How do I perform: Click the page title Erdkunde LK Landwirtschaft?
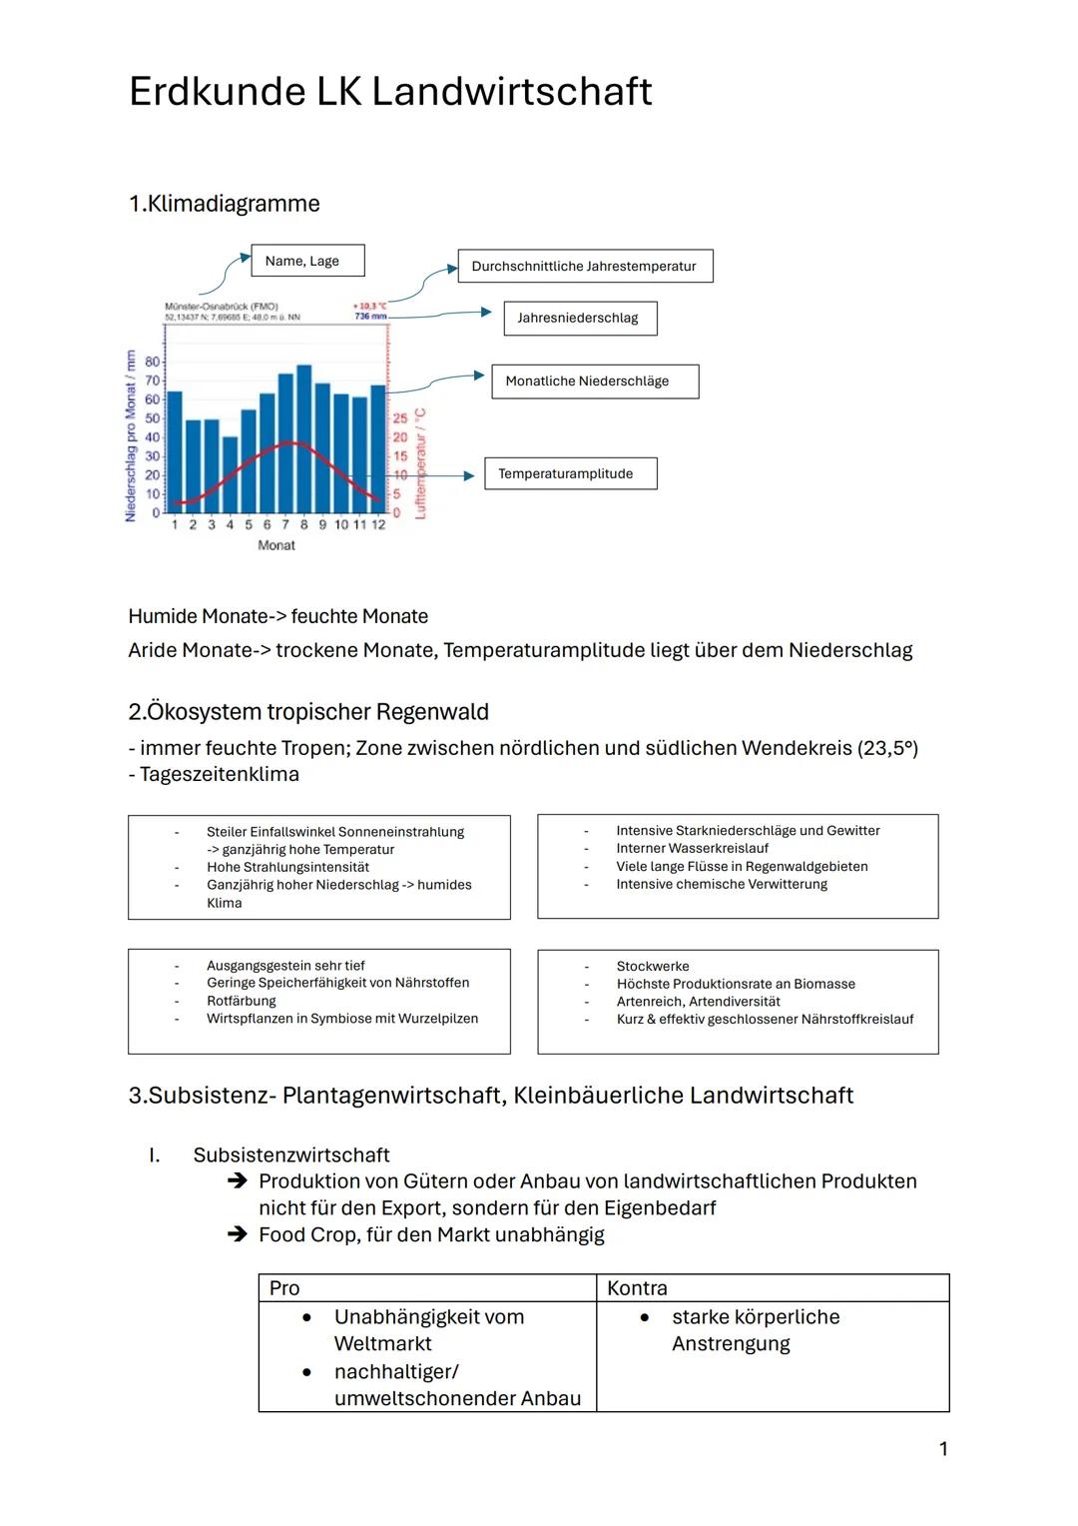(389, 92)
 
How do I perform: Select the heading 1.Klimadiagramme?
(225, 204)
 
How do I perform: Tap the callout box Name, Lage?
(306, 261)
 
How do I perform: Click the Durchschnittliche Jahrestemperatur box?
(585, 267)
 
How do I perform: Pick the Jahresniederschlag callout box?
(579, 319)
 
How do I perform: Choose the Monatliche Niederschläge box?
(594, 381)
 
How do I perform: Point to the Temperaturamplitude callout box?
(570, 473)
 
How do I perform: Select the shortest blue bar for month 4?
(231, 474)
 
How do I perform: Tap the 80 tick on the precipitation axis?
(152, 361)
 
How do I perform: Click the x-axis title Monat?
(276, 545)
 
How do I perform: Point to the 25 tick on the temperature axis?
(399, 418)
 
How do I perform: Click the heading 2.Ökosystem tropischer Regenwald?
(308, 712)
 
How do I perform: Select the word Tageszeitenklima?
(220, 774)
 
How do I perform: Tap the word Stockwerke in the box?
(653, 966)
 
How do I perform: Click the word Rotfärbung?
(242, 1001)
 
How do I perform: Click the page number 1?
(943, 1449)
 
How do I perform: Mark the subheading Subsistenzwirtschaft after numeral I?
(291, 1155)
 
